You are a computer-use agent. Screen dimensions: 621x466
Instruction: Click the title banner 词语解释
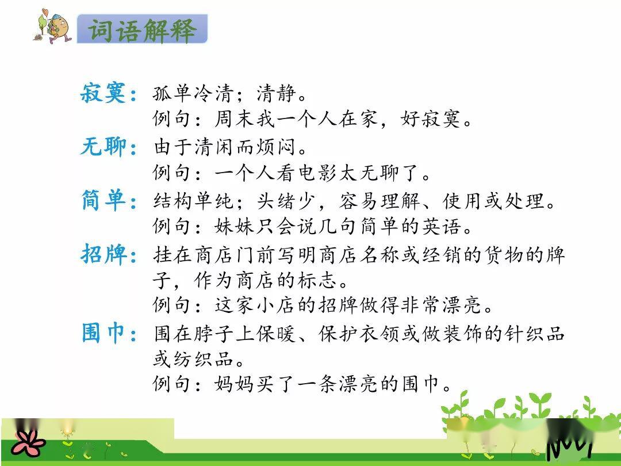142,29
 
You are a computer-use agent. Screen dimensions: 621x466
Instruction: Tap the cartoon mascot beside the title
53,26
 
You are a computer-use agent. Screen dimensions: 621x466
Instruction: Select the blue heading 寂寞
103,94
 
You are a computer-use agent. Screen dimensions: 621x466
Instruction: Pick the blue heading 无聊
103,146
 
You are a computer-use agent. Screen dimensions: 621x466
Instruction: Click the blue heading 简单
103,200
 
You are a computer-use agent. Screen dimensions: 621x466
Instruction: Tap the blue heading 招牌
103,254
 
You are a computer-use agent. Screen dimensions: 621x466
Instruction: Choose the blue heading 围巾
103,333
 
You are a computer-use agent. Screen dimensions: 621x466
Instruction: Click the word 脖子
213,333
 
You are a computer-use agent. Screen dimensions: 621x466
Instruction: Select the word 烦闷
275,147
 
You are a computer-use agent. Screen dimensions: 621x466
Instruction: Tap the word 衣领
379,333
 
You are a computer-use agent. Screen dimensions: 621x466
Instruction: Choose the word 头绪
275,201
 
